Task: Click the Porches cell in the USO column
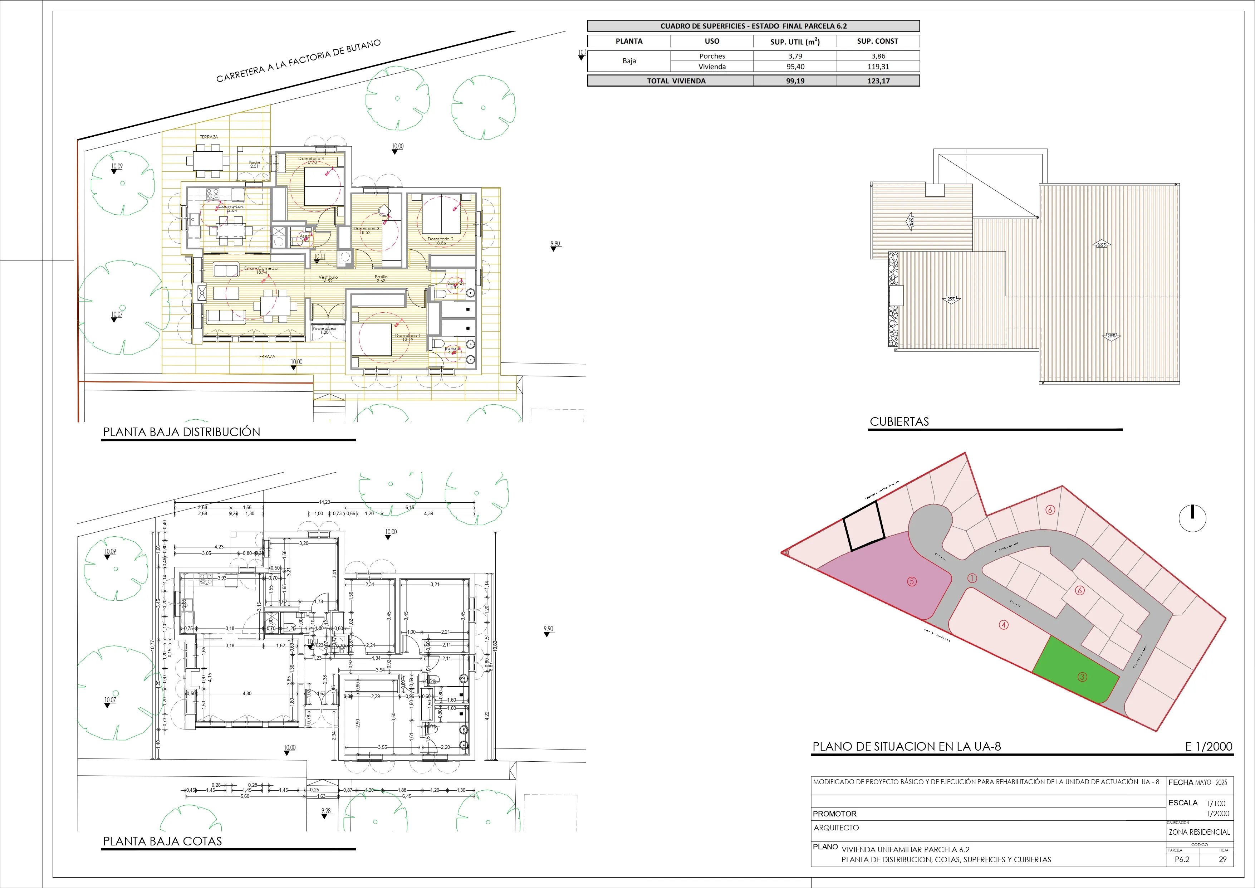tap(712, 56)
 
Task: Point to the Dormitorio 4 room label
tap(311, 160)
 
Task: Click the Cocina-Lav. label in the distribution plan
tap(231, 208)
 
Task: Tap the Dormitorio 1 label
tap(407, 337)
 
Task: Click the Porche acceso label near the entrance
tap(325, 330)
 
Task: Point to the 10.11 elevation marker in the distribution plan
tap(319, 257)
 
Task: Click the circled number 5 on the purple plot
tap(912, 581)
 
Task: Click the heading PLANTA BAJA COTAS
tap(162, 841)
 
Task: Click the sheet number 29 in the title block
tap(1223, 859)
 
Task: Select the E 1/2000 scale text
tap(1209, 746)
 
